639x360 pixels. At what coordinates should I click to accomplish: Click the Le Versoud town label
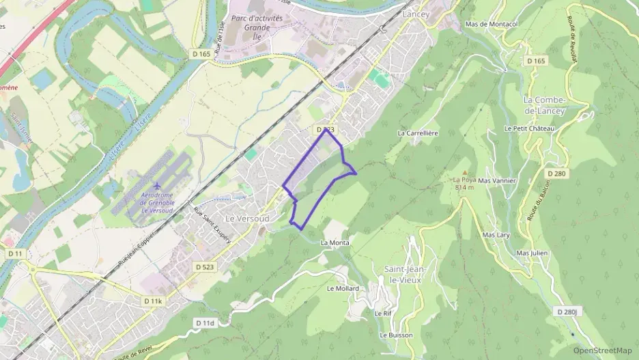click(x=247, y=218)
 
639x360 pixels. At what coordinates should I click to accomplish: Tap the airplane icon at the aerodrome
click(x=158, y=186)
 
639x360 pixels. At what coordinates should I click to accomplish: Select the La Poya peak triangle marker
click(x=465, y=173)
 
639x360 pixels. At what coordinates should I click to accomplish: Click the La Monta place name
click(x=335, y=243)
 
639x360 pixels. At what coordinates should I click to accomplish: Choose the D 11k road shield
click(x=154, y=301)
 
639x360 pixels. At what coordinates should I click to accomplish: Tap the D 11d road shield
click(x=204, y=322)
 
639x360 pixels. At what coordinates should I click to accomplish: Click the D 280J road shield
click(x=567, y=311)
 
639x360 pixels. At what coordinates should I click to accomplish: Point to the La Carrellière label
click(x=417, y=133)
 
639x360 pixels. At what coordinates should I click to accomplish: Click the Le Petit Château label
click(x=529, y=128)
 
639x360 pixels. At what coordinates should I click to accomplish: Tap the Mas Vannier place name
click(x=496, y=180)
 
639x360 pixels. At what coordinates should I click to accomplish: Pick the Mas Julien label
click(x=532, y=253)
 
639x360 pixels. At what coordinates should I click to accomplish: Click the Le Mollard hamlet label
click(x=343, y=288)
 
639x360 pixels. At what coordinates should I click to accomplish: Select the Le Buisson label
click(x=396, y=335)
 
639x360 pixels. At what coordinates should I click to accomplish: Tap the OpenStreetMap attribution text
click(x=602, y=351)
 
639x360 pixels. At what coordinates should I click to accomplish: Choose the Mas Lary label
click(x=496, y=234)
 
